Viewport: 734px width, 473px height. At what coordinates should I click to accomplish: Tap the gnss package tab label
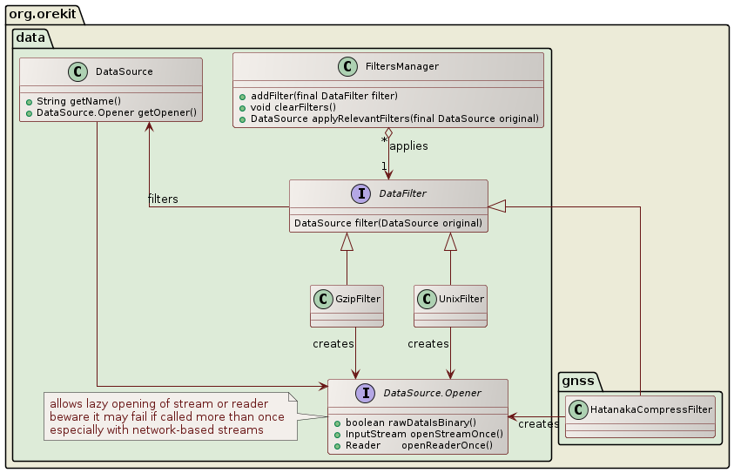(577, 381)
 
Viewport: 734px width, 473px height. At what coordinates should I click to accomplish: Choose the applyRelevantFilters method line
(394, 118)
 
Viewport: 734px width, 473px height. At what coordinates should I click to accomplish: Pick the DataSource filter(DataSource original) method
(388, 223)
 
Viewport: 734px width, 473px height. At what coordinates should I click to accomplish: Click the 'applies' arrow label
(408, 146)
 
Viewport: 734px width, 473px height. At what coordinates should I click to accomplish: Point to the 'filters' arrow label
(163, 199)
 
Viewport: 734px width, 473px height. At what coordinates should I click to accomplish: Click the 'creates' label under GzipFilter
(333, 344)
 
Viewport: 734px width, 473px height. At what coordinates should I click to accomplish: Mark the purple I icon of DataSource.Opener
(364, 394)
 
